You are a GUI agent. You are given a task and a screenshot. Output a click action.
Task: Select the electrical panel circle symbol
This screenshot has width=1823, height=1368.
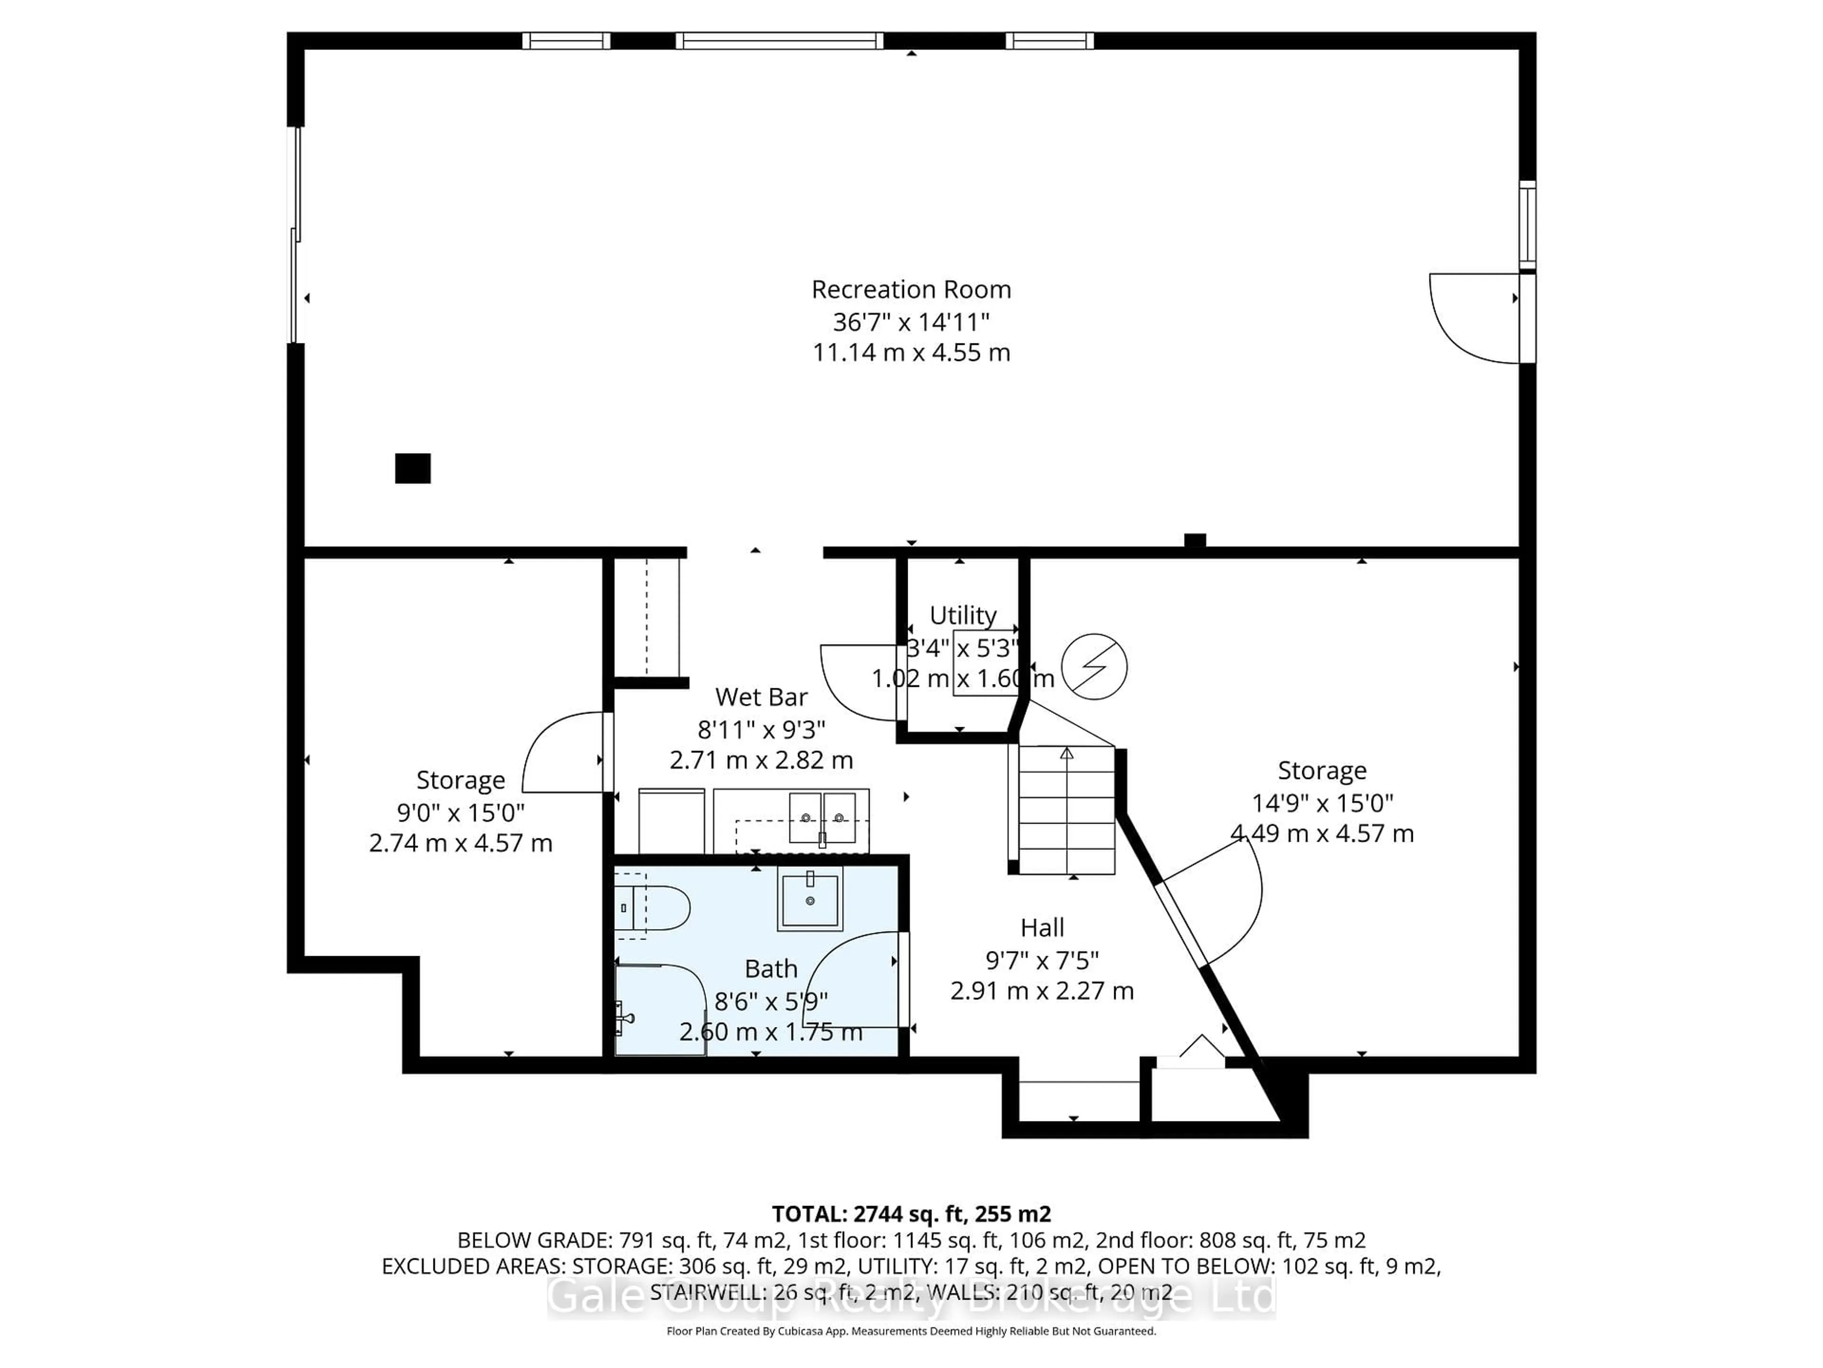1094,666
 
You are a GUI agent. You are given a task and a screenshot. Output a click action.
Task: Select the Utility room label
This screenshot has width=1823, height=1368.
963,615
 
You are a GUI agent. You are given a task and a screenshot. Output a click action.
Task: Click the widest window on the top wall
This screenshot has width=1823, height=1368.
779,40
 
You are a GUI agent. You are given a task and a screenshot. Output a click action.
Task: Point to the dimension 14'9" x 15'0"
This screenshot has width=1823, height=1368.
1322,802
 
